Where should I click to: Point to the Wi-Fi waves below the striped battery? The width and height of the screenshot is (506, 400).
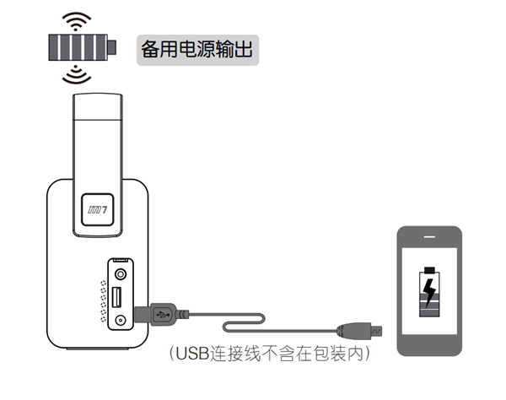click(x=77, y=76)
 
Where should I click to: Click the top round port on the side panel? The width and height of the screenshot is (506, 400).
click(x=123, y=273)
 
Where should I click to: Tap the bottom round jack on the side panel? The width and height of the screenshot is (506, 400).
click(x=123, y=321)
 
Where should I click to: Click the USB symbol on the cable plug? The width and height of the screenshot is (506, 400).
click(x=162, y=313)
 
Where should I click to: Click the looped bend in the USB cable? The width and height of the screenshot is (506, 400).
click(x=228, y=326)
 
